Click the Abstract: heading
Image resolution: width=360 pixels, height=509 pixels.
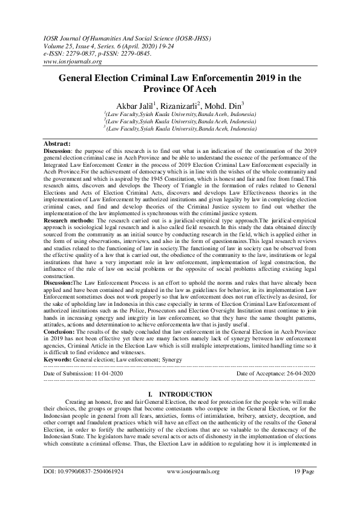(57, 144)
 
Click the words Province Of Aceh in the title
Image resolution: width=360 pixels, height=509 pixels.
(180, 89)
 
